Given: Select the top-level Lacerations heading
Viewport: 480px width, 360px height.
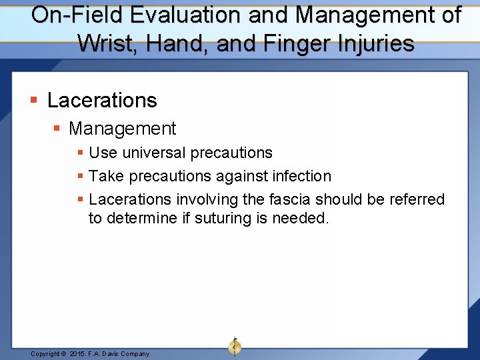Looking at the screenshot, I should [x=102, y=100].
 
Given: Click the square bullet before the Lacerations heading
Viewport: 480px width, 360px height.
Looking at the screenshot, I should [x=33, y=101].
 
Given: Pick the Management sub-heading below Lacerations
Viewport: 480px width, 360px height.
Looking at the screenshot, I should [x=122, y=129].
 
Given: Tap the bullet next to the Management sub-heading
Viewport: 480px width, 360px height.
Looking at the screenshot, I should [x=57, y=129].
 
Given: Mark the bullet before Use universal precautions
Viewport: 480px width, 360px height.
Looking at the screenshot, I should [x=80, y=153].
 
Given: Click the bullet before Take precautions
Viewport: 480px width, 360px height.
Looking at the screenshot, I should [x=80, y=177].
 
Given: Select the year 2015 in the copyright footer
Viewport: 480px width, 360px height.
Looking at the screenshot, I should [x=79, y=354].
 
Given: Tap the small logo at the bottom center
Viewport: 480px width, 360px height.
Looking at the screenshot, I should [x=235, y=347].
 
